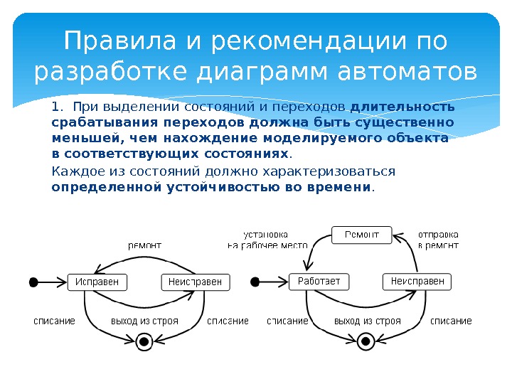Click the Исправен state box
97,282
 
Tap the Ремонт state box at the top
362,234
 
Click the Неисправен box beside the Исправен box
195,282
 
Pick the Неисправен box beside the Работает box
417,282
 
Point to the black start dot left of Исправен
33,282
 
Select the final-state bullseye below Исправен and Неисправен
144,342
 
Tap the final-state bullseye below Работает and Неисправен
366,342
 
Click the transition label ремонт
144,245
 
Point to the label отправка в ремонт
437,239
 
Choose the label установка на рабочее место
267,239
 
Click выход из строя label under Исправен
144,321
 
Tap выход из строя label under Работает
367,321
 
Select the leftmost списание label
54,321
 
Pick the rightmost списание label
451,321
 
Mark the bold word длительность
402,107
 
